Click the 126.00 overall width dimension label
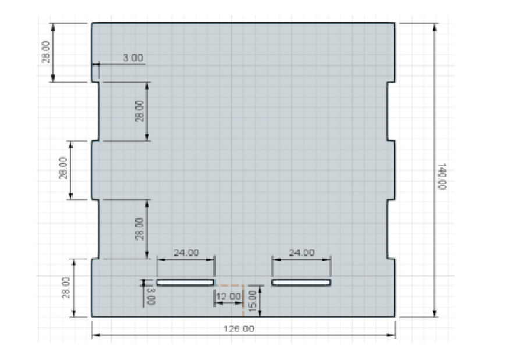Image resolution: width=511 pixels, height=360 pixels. click(239, 329)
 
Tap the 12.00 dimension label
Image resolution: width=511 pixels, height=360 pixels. click(228, 297)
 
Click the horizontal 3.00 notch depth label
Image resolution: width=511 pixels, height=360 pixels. click(132, 58)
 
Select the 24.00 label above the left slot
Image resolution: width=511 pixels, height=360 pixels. click(186, 253)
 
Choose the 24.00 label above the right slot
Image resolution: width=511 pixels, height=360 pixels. click(301, 253)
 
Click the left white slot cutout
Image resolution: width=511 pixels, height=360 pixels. click(186, 283)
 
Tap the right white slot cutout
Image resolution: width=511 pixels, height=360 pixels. click(301, 283)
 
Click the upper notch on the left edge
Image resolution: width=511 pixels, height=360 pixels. click(96, 111)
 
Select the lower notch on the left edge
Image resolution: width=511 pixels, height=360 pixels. click(96, 229)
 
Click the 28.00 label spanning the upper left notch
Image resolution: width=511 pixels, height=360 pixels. click(139, 111)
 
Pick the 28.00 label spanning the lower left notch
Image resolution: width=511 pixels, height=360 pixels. click(139, 229)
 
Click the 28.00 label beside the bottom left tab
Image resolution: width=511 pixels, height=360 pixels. click(66, 288)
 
